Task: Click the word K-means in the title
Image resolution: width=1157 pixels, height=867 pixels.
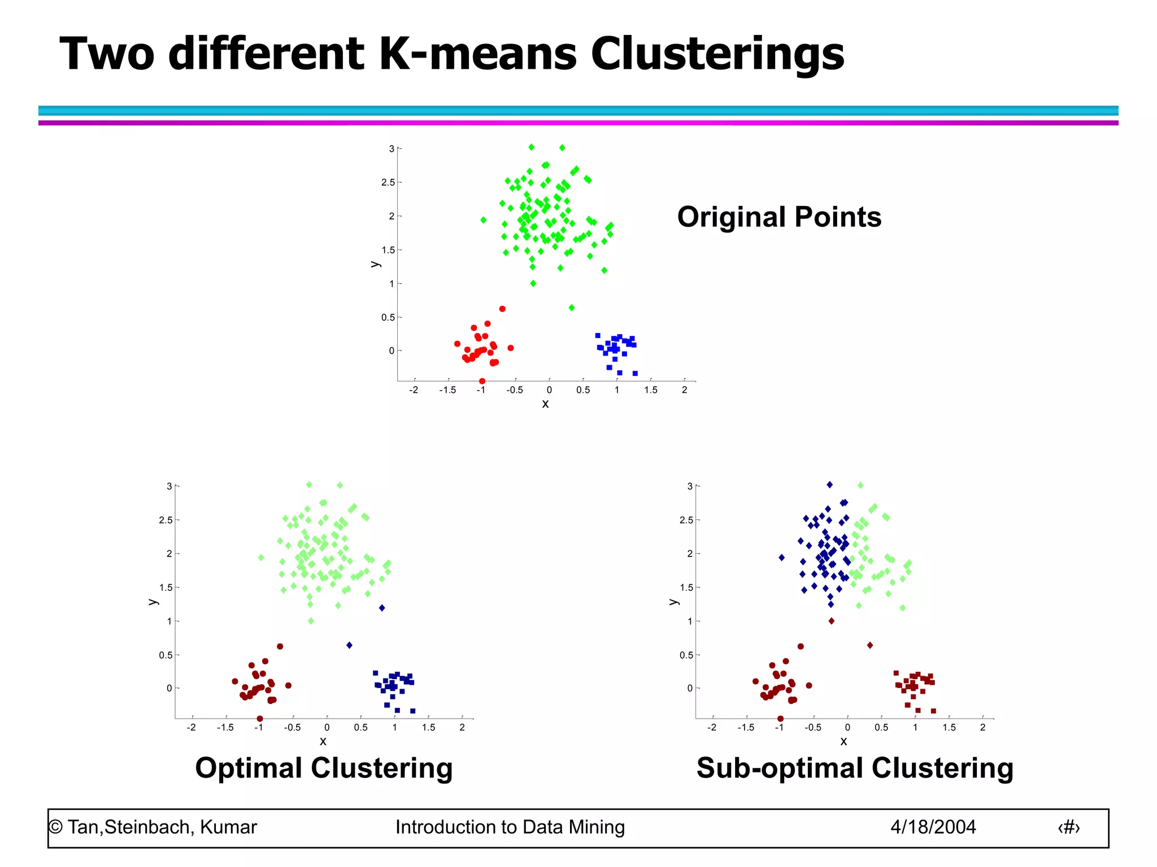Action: pyautogui.click(x=478, y=54)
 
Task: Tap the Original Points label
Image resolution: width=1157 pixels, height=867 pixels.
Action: pyautogui.click(x=779, y=217)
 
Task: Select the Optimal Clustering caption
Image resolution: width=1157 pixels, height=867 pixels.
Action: pyautogui.click(x=324, y=768)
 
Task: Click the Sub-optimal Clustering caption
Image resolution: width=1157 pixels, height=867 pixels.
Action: pyautogui.click(x=855, y=768)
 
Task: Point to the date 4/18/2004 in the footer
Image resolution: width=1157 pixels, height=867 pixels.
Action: pyautogui.click(x=933, y=827)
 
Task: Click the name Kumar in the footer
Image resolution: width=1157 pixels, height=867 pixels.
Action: pyautogui.click(x=228, y=827)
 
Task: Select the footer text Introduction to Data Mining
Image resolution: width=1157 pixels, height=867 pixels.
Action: pyautogui.click(x=510, y=827)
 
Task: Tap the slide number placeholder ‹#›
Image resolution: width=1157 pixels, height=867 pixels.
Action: pyautogui.click(x=1068, y=827)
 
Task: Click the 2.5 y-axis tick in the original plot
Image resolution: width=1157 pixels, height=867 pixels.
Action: pyautogui.click(x=388, y=182)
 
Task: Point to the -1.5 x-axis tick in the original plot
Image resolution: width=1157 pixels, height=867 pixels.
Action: pyautogui.click(x=447, y=390)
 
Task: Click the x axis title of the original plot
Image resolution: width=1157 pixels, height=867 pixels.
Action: pyautogui.click(x=545, y=404)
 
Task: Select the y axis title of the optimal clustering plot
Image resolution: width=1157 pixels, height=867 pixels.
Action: pyautogui.click(x=153, y=602)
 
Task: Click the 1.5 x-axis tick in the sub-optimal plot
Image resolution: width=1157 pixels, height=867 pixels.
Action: pyautogui.click(x=949, y=728)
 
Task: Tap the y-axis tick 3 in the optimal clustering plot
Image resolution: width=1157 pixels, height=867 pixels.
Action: pyautogui.click(x=169, y=486)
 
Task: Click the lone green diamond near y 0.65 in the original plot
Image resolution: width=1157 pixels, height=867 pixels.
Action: pyautogui.click(x=572, y=308)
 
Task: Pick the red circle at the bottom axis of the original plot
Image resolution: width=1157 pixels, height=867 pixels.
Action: pyautogui.click(x=482, y=381)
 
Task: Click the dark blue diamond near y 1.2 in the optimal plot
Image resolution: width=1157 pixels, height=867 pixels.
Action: pyautogui.click(x=382, y=608)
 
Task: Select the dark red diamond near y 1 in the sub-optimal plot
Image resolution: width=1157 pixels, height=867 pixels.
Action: pyautogui.click(x=831, y=621)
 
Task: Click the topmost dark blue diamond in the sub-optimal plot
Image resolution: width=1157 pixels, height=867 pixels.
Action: pyautogui.click(x=829, y=485)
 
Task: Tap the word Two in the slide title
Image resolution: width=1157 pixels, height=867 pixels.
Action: pyautogui.click(x=107, y=54)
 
